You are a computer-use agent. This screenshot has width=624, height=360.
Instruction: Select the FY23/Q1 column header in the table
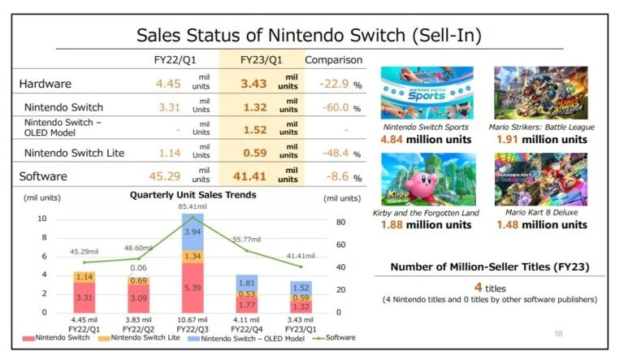click(x=260, y=60)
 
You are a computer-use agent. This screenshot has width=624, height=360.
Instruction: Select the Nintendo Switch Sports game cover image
click(x=427, y=93)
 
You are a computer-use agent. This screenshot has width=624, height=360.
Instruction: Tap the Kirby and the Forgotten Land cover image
click(x=427, y=180)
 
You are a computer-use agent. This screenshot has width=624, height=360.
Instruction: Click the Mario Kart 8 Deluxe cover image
click(x=541, y=180)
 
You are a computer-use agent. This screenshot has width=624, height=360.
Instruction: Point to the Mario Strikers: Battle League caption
click(x=541, y=128)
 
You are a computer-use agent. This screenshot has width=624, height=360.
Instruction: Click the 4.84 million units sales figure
click(x=427, y=140)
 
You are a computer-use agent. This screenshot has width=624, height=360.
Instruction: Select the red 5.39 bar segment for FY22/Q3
click(x=192, y=288)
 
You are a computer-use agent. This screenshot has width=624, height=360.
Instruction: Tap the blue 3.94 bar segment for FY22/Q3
click(x=192, y=232)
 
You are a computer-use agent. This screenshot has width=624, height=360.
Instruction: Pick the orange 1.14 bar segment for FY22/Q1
click(x=84, y=276)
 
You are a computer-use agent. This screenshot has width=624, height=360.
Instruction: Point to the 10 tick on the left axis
click(x=42, y=219)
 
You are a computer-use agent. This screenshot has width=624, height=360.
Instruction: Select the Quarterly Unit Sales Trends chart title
click(x=193, y=195)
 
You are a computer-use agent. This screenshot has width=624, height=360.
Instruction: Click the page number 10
click(x=557, y=333)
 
